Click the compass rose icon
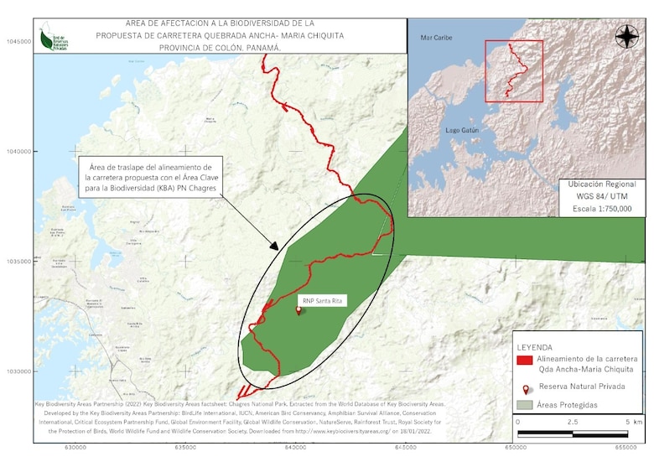626,36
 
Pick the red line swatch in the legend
525,361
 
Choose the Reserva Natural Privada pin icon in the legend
526,390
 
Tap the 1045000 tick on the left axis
17,41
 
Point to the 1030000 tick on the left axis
17,371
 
